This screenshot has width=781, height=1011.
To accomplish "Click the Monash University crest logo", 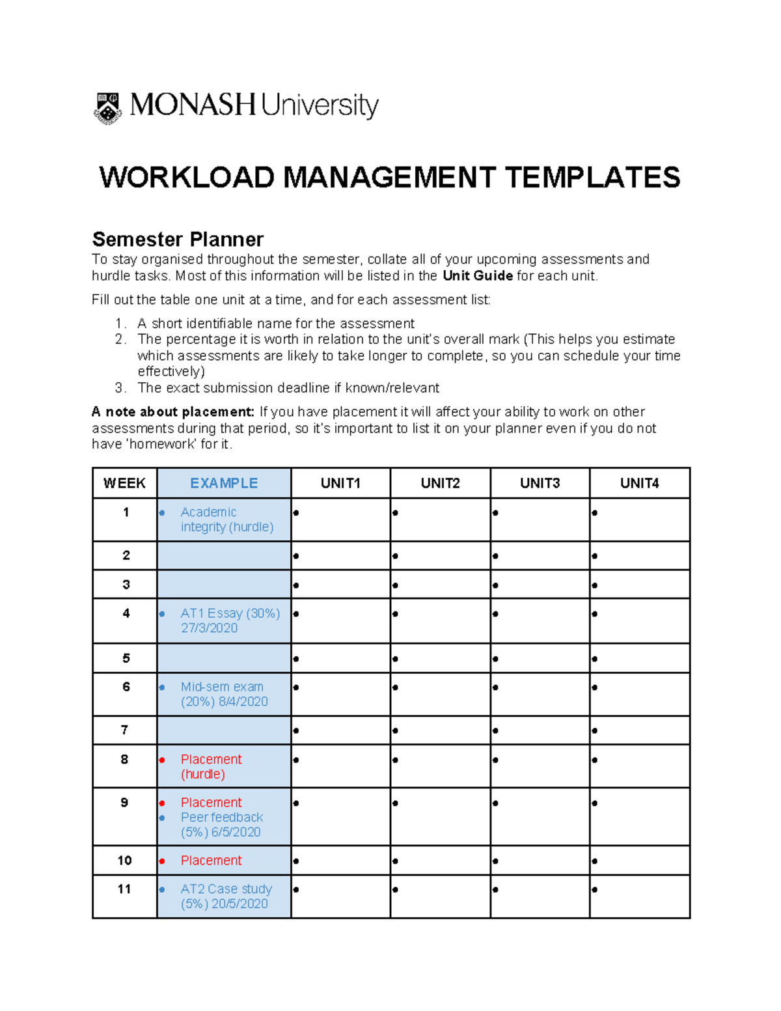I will pyautogui.click(x=107, y=108).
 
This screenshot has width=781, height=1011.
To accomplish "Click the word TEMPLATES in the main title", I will pyautogui.click(x=592, y=178).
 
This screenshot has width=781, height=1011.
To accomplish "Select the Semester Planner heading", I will pyautogui.click(x=178, y=239).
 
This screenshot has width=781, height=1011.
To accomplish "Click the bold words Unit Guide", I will pyautogui.click(x=477, y=275).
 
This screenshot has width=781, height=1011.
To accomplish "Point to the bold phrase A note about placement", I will pyautogui.click(x=173, y=411).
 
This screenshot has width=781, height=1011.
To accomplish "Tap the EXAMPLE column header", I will pyautogui.click(x=224, y=483).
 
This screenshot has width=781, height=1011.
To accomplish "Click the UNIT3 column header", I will pyautogui.click(x=540, y=483).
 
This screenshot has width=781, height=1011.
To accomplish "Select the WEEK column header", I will pyautogui.click(x=124, y=483).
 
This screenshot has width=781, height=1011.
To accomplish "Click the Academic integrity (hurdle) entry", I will pyautogui.click(x=226, y=519).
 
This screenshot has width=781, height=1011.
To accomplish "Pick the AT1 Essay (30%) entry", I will pyautogui.click(x=229, y=620).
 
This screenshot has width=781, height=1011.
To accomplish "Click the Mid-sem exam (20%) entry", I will pyautogui.click(x=223, y=694).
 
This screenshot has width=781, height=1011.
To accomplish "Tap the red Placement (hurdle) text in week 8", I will pyautogui.click(x=210, y=766).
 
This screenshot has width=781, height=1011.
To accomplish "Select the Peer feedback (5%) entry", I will pyautogui.click(x=221, y=824).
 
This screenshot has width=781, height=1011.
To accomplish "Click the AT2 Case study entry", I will pyautogui.click(x=225, y=896).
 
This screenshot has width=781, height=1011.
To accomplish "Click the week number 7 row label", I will pyautogui.click(x=124, y=730).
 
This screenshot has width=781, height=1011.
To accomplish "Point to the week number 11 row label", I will pyautogui.click(x=124, y=889).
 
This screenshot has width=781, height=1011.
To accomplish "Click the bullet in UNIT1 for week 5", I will pyautogui.click(x=296, y=659).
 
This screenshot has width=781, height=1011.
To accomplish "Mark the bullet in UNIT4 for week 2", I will pyautogui.click(x=595, y=556).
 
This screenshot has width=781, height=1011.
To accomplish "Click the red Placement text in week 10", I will pyautogui.click(x=211, y=860).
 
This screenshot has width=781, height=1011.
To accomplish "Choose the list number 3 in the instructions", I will pyautogui.click(x=120, y=388).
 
